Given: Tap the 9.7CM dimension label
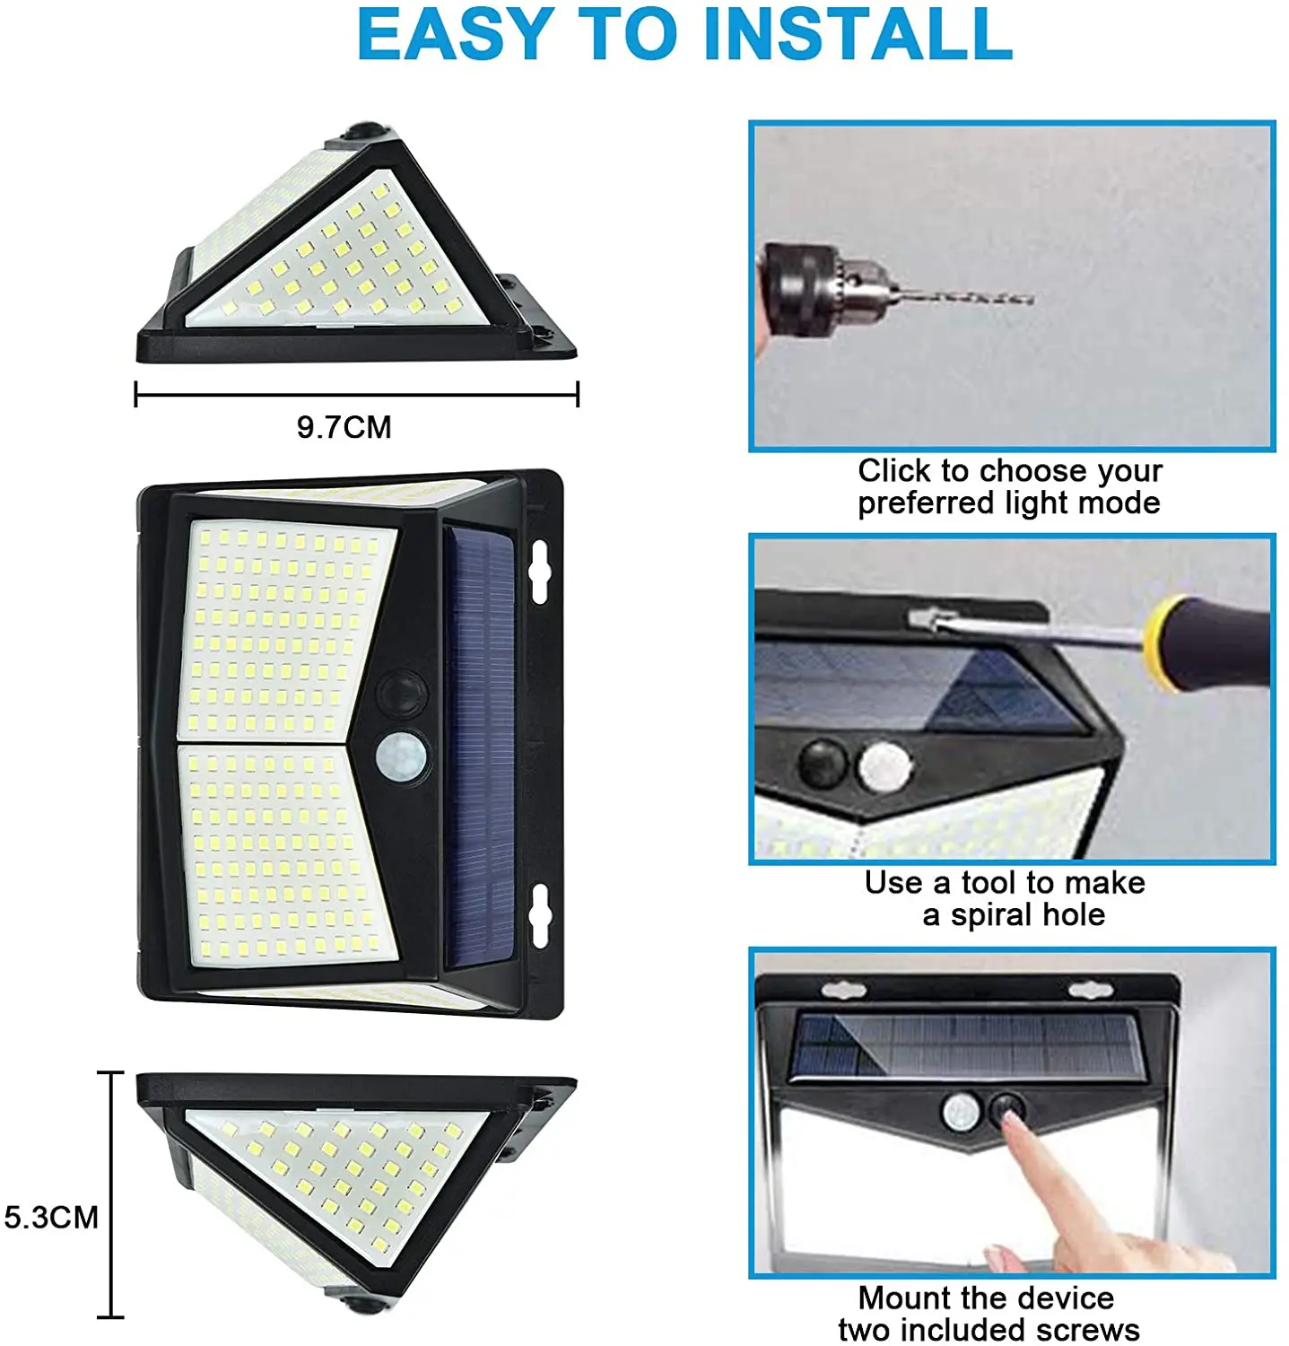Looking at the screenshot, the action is pyautogui.click(x=344, y=427).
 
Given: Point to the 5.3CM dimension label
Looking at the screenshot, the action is pyautogui.click(x=51, y=1218).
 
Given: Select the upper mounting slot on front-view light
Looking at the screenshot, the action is pyautogui.click(x=538, y=572).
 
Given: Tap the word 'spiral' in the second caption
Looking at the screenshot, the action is pyautogui.click(x=992, y=915).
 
